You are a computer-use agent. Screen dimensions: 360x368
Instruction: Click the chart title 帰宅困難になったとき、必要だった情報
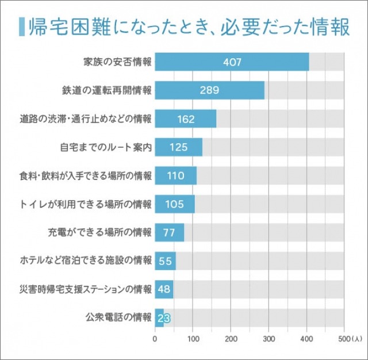pyautogui.click(x=187, y=26)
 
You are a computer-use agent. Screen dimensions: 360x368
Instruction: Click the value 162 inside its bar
pyautogui.click(x=186, y=119)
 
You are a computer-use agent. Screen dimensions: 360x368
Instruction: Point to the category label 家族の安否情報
pyautogui.click(x=117, y=62)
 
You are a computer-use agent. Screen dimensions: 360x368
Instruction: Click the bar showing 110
pyautogui.click(x=175, y=175)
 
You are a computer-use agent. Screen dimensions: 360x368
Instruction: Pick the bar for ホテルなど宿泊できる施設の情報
pyautogui.click(x=165, y=261)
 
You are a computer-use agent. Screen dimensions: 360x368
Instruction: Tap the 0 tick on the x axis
pyautogui.click(x=155, y=338)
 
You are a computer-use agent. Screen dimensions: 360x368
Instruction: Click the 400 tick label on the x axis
pyautogui.click(x=306, y=338)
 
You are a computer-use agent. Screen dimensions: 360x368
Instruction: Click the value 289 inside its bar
pyautogui.click(x=209, y=91)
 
